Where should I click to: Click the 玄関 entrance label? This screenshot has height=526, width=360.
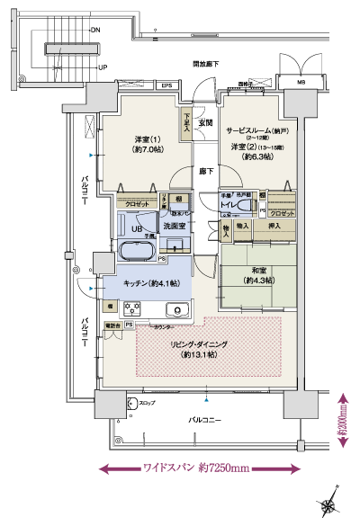[x=204, y=122]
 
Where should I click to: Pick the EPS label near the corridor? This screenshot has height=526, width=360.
[x=166, y=85]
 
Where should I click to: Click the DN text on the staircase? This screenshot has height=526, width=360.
[x=95, y=29]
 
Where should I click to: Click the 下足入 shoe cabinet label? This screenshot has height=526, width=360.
[x=186, y=120]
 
